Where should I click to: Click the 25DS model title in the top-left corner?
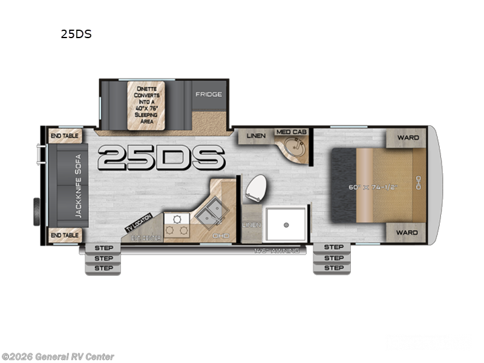coord(76,34)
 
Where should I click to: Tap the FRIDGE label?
coord(208,94)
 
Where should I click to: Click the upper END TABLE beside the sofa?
coord(64,136)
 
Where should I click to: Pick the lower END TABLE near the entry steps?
coord(64,235)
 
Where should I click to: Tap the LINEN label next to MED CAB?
coord(256,136)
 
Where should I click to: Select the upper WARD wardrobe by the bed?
coord(408,137)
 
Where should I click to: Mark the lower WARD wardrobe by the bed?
coord(408,232)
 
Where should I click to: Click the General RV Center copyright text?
coord(57,357)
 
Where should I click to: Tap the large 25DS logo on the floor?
coord(161,158)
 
